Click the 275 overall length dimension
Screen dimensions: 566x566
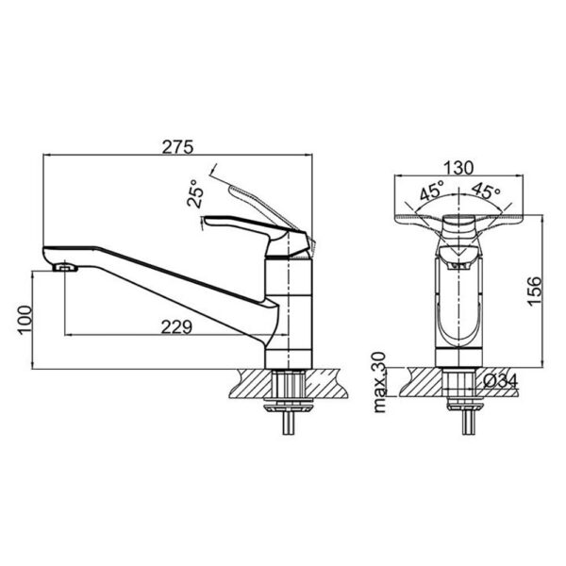click(177, 147)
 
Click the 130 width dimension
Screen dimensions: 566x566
click(458, 167)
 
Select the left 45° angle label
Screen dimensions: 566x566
click(432, 191)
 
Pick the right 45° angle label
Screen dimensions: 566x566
click(486, 191)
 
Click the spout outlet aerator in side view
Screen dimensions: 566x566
click(65, 268)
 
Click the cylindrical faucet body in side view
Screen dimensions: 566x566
click(289, 311)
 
